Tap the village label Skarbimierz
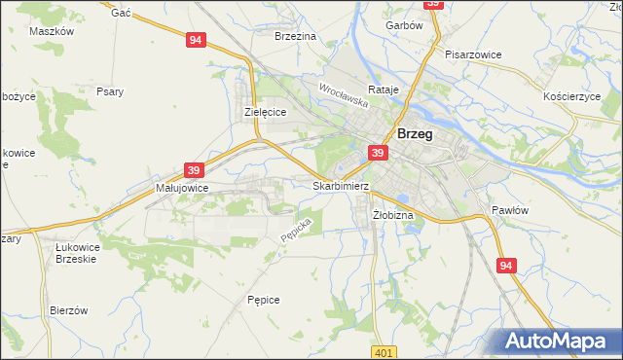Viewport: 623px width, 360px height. tap(340, 185)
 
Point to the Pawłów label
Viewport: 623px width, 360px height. tap(509, 210)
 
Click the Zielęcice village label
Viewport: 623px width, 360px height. tap(264, 113)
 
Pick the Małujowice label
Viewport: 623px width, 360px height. tap(182, 188)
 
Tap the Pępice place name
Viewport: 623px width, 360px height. tap(264, 300)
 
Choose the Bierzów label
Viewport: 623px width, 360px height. tap(69, 310)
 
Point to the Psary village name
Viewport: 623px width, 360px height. tap(109, 92)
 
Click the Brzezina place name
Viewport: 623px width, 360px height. tap(296, 36)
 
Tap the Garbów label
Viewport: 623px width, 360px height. tap(404, 26)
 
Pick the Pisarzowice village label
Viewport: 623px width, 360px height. tap(473, 54)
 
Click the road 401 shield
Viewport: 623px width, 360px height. tap(385, 350)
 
